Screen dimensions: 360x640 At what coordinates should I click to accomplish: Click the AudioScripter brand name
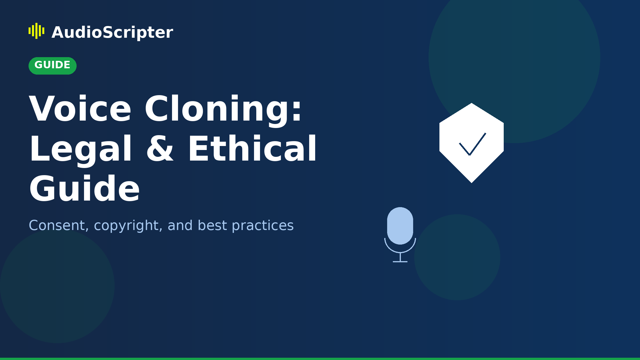tap(112, 33)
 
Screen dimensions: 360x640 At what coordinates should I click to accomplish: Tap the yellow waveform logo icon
tap(37, 31)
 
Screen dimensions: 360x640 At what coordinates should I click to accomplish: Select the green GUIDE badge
tap(53, 65)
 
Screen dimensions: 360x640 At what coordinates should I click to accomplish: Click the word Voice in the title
tap(80, 109)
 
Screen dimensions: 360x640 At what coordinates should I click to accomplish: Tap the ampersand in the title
tap(160, 149)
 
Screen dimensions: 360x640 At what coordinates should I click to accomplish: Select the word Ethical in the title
tap(252, 149)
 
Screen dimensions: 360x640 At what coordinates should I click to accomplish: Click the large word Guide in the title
tap(84, 189)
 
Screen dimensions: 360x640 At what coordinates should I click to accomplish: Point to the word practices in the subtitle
tap(263, 226)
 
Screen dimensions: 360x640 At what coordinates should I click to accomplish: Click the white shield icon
tap(471, 126)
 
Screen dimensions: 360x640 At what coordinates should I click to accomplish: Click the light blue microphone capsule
tap(400, 225)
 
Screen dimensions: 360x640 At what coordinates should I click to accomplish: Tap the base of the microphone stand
tap(400, 261)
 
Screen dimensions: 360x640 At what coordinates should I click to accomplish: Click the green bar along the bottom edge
tap(320, 359)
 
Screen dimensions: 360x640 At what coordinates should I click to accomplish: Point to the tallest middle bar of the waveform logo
tap(37, 31)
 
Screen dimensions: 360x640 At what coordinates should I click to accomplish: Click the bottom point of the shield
tap(471, 182)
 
